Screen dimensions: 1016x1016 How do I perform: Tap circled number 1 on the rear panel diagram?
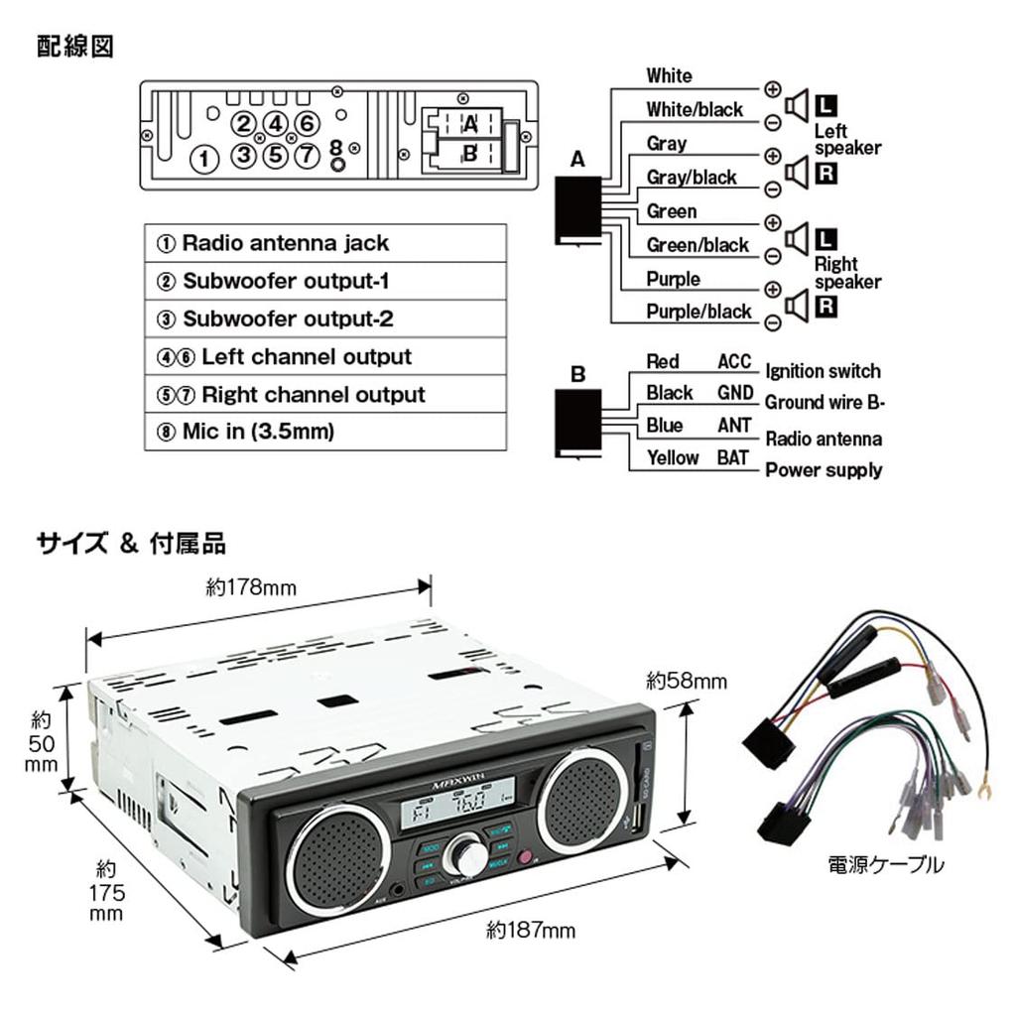pos(203,159)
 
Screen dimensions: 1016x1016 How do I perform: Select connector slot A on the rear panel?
pos(470,125)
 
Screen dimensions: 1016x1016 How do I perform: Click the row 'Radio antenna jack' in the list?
pos(325,243)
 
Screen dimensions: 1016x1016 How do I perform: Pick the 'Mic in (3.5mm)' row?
pos(325,433)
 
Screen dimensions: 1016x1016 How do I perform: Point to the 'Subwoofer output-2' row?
pos(325,318)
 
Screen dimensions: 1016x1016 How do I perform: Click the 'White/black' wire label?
pos(694,109)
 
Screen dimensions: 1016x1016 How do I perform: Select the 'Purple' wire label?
pos(673,279)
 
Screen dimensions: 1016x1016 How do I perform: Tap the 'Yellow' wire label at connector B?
pos(673,457)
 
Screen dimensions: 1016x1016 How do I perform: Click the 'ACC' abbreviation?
pos(734,362)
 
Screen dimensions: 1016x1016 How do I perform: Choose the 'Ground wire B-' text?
pos(824,403)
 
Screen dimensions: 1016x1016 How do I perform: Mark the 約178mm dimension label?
pos(251,587)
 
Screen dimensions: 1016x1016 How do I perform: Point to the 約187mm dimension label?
pos(531,931)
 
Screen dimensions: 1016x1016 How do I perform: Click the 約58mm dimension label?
pos(687,681)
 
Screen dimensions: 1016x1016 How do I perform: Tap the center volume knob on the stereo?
pos(466,853)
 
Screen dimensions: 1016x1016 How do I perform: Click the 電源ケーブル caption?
pos(886,864)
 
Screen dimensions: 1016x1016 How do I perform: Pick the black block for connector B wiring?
pos(577,422)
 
